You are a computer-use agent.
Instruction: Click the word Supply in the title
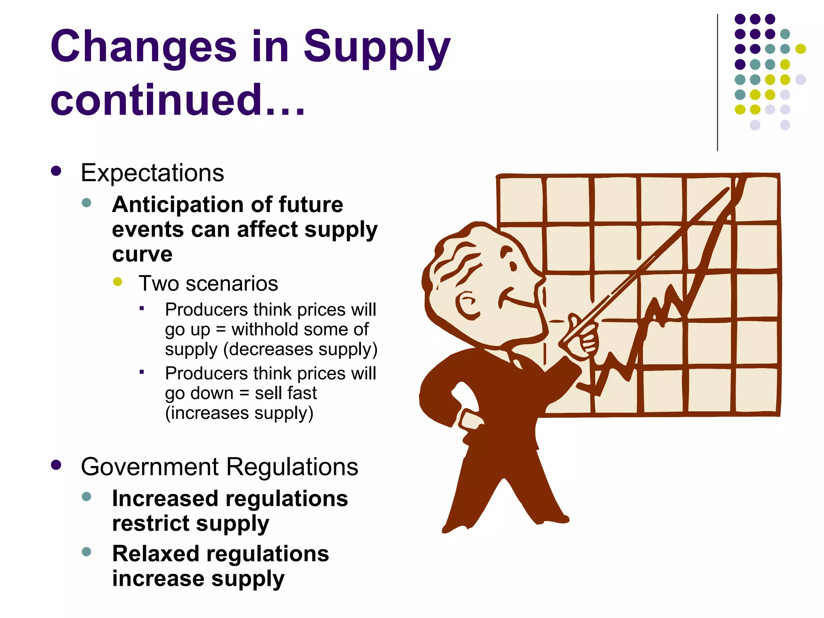point(376,47)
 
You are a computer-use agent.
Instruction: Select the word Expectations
point(152,173)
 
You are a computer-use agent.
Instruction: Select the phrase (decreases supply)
point(300,349)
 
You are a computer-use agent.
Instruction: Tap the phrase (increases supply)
point(239,413)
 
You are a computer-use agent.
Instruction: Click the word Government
point(150,467)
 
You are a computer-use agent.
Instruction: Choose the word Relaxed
point(155,554)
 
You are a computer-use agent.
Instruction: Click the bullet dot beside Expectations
point(56,171)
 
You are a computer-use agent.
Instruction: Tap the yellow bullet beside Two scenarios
point(117,282)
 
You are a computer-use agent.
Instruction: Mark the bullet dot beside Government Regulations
point(56,465)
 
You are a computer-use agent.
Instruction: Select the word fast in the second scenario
point(301,393)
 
